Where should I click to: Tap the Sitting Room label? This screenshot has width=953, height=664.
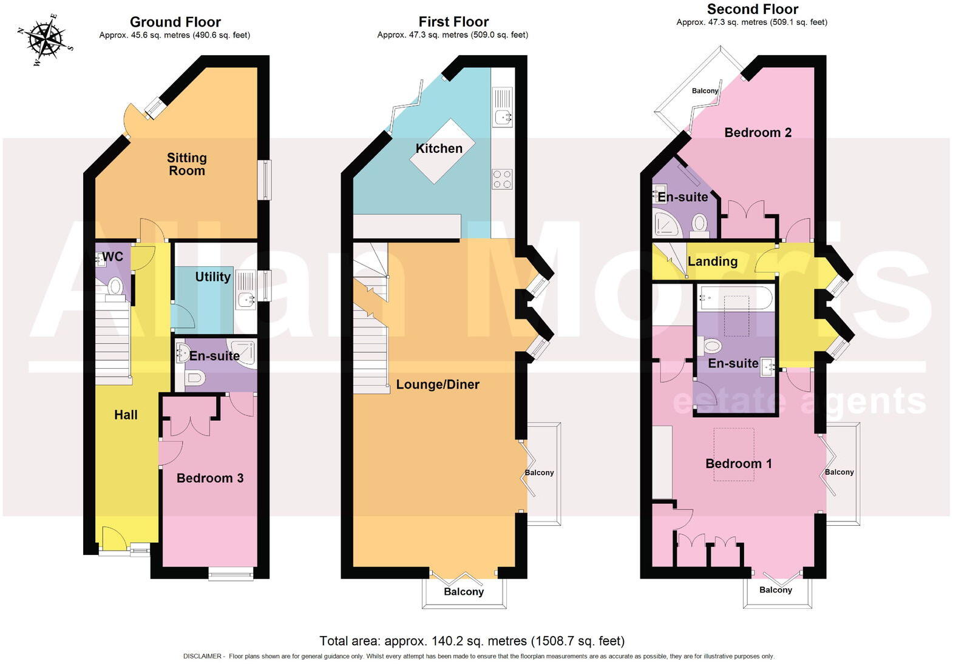click(x=187, y=164)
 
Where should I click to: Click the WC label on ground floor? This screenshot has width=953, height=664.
click(x=112, y=257)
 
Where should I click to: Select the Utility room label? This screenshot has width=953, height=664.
click(x=212, y=277)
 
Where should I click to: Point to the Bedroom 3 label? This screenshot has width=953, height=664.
click(x=210, y=478)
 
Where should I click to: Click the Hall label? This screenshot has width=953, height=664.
click(x=126, y=415)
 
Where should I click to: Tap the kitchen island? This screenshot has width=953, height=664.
click(x=439, y=152)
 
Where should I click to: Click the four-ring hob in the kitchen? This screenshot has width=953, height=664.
click(x=502, y=179)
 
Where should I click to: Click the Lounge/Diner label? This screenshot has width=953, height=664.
click(x=438, y=384)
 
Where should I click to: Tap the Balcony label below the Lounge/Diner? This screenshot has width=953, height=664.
click(x=464, y=592)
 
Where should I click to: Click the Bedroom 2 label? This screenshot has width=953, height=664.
click(x=758, y=132)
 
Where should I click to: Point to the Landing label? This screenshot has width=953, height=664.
click(x=713, y=261)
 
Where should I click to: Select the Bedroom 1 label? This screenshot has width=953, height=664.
click(x=738, y=463)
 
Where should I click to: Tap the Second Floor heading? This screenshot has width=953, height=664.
click(x=752, y=9)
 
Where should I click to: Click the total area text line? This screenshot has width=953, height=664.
click(x=472, y=640)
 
